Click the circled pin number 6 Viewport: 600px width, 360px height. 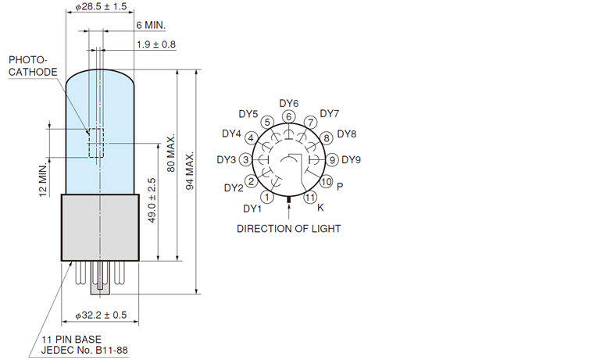click(x=289, y=116)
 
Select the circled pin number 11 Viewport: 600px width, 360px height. click(x=310, y=198)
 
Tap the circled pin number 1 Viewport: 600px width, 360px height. click(x=267, y=198)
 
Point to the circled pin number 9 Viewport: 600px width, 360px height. click(x=332, y=160)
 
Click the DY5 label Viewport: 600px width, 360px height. click(x=248, y=114)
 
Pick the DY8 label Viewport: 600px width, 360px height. click(x=347, y=134)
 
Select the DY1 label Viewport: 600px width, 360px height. click(x=252, y=209)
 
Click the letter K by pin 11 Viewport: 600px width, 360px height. click(x=320, y=208)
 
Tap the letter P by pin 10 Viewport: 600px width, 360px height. click(x=340, y=187)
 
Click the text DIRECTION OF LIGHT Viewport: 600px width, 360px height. click(x=289, y=229)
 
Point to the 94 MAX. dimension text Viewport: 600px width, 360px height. click(x=190, y=170)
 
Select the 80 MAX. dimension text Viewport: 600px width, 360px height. click(x=171, y=153)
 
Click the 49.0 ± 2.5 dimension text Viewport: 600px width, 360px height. click(x=152, y=200)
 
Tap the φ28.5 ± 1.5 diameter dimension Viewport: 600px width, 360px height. click(x=101, y=6)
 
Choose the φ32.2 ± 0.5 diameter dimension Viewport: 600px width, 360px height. click(x=101, y=315)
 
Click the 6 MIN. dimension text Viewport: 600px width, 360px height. click(x=151, y=25)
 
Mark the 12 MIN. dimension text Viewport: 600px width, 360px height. click(x=43, y=180)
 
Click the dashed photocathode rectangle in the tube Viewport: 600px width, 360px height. click(x=89, y=143)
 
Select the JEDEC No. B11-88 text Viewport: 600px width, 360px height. click(x=84, y=350)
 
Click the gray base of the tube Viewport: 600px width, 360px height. click(x=100, y=227)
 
